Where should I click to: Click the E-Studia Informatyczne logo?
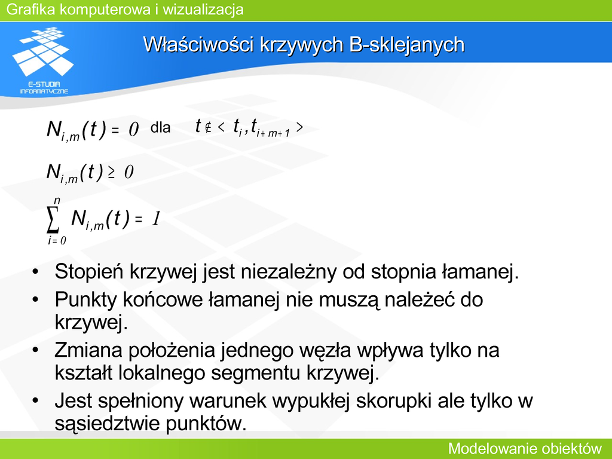[42, 60]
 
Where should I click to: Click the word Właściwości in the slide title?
[198, 44]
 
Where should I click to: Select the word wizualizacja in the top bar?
[203, 10]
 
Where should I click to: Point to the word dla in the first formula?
[160, 127]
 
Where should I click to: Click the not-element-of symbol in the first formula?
[208, 127]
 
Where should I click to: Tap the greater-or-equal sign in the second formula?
[112, 173]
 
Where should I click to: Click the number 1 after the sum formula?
[156, 219]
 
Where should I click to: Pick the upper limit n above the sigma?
[57, 200]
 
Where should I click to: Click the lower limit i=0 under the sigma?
[57, 240]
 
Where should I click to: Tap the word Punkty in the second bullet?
[86, 300]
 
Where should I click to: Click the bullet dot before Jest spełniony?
[35, 401]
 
